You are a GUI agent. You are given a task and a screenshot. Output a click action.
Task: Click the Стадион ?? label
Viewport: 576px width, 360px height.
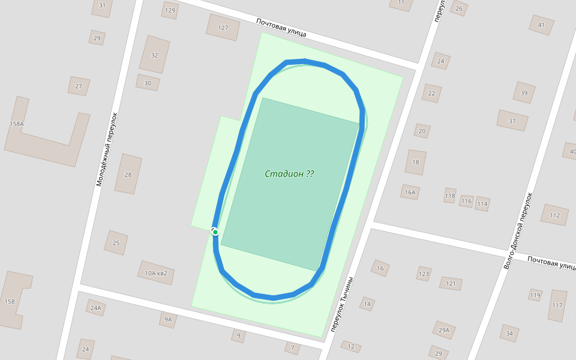tap(289, 174)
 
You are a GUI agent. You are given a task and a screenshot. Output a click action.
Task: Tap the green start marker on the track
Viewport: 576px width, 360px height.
tap(215, 232)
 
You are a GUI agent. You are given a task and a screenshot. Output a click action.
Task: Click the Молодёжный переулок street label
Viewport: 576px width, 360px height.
tap(107, 149)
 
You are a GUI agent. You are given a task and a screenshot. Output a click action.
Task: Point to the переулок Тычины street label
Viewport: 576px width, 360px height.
tap(342, 305)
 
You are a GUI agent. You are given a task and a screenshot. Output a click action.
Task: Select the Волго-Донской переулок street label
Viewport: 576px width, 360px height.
tap(519, 230)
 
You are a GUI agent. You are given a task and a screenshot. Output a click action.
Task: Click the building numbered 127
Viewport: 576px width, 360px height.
tap(223, 28)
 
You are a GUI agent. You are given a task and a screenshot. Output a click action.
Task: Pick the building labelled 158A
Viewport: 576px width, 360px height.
tap(17, 124)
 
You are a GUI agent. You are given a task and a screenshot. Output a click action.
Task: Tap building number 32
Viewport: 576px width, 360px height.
tap(154, 55)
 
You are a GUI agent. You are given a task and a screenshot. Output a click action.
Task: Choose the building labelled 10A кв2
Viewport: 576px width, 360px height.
tap(156, 273)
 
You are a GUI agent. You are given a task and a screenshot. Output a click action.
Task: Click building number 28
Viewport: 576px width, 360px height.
tap(128, 175)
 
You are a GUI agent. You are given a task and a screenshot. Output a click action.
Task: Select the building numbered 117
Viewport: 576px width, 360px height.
tap(557, 305)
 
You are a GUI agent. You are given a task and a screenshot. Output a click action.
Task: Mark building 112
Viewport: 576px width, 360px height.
tap(554, 215)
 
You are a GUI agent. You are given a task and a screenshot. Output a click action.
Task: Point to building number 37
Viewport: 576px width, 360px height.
tap(512, 121)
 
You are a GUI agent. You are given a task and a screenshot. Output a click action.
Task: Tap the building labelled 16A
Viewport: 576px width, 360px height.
tap(410, 193)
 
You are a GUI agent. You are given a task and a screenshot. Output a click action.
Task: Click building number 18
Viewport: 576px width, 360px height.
tap(416, 162)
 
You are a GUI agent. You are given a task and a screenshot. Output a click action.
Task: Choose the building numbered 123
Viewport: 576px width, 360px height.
tap(424, 274)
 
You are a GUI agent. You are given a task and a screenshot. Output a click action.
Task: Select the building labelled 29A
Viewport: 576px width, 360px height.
tap(444, 329)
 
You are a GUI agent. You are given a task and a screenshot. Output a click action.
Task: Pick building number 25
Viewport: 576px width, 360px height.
tap(116, 243)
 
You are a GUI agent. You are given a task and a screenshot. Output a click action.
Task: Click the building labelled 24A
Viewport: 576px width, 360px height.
tap(95, 308)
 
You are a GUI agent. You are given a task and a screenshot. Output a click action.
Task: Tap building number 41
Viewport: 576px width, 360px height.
tap(541, 25)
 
